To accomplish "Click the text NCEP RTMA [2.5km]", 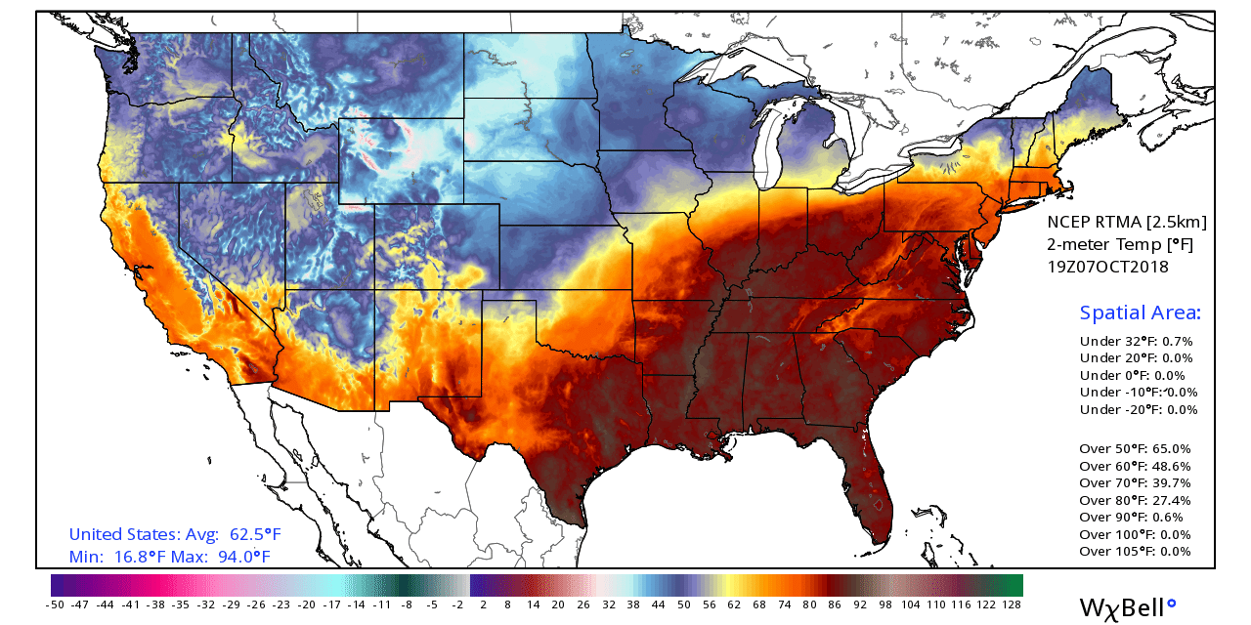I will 1127,222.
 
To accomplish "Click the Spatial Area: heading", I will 1140,313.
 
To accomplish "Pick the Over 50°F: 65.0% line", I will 1135,449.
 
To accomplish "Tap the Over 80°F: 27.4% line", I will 1135,500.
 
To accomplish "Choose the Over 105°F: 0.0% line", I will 1135,551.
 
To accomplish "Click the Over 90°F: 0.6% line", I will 1131,517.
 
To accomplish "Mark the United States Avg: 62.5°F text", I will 175,534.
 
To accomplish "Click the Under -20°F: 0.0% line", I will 1138,410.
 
